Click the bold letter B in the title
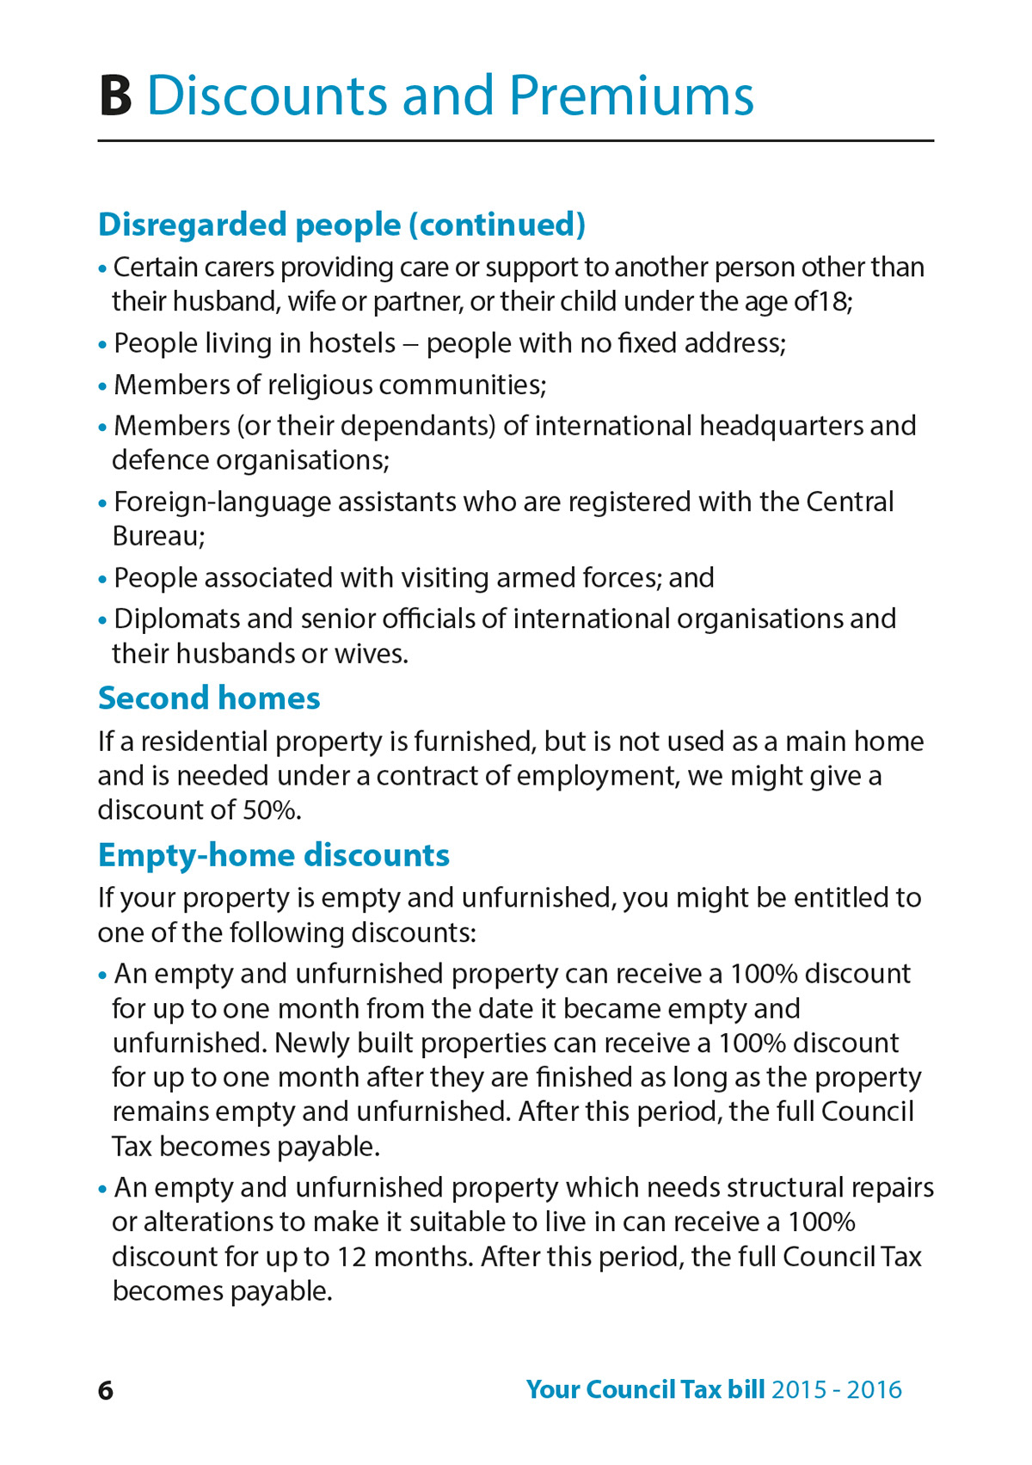[116, 95]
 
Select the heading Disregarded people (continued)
[341, 225]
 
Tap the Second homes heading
[209, 698]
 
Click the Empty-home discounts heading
[273, 855]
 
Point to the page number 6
[106, 1390]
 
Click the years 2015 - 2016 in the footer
[837, 1390]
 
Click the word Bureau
[156, 536]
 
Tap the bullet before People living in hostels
[102, 345]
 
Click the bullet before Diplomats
[102, 620]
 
